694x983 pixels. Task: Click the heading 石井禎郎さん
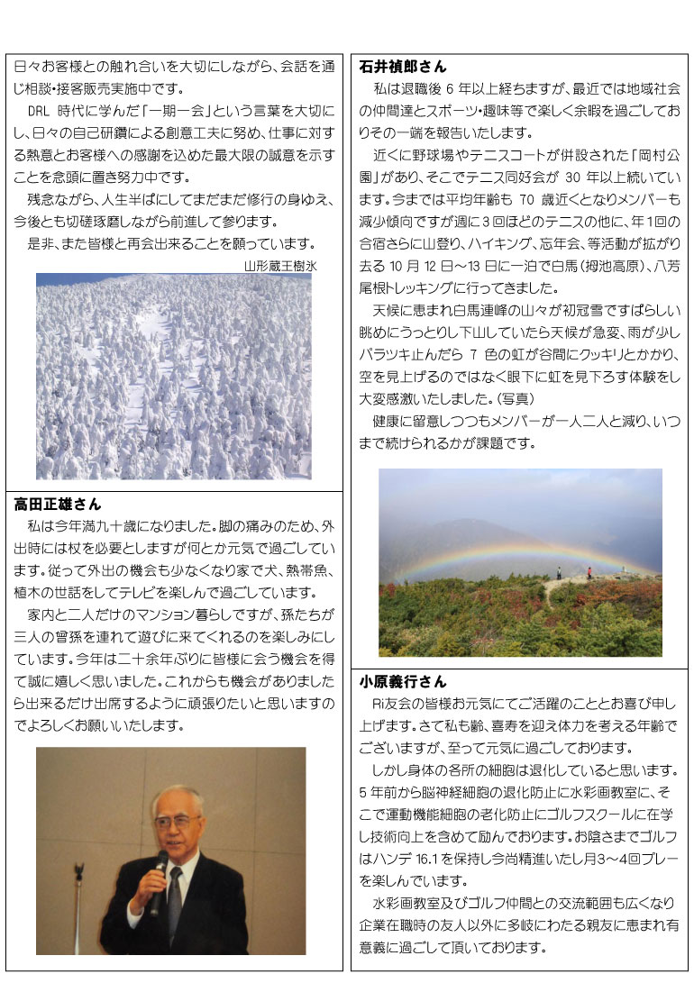coord(403,67)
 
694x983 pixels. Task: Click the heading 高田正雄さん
coord(58,505)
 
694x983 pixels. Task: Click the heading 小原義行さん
coord(403,682)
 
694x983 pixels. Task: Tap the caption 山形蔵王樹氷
coord(280,266)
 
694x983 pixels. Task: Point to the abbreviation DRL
coord(42,112)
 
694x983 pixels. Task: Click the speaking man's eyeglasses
coord(176,821)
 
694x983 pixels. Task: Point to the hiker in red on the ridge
coord(589,571)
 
